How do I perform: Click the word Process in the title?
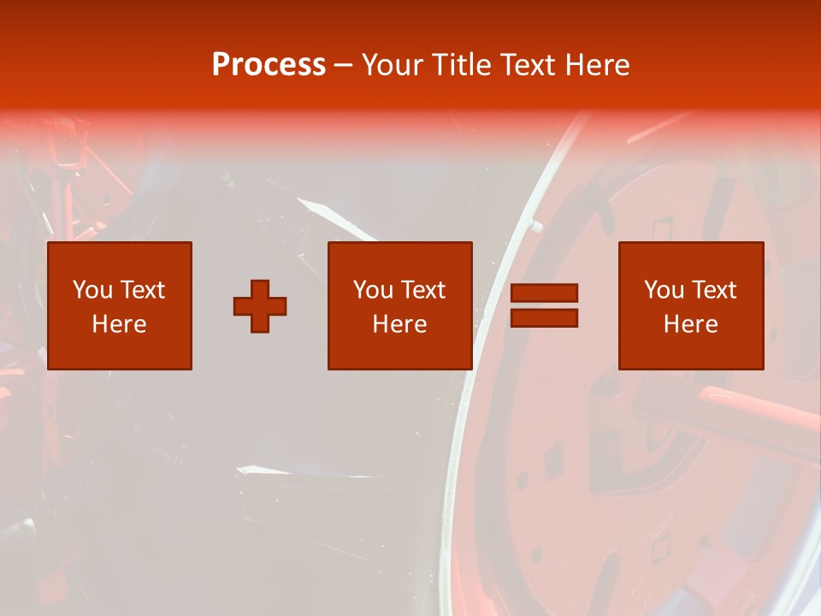pos(269,65)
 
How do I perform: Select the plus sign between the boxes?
pos(260,305)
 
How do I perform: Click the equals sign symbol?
pos(544,305)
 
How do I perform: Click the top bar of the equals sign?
pos(544,293)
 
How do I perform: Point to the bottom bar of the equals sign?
pos(544,317)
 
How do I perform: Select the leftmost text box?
pos(119,305)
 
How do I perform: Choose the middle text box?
pos(399,305)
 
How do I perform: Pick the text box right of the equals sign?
pos(690,305)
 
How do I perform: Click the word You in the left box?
pos(92,290)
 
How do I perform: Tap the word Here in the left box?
pos(119,324)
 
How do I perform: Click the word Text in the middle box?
pos(423,290)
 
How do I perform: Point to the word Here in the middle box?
pos(399,324)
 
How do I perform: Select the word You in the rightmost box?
pos(664,290)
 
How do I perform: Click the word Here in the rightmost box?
pos(690,324)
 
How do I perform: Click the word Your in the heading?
pos(393,65)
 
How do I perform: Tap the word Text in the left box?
pos(143,290)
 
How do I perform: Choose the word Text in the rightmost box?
pos(714,290)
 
